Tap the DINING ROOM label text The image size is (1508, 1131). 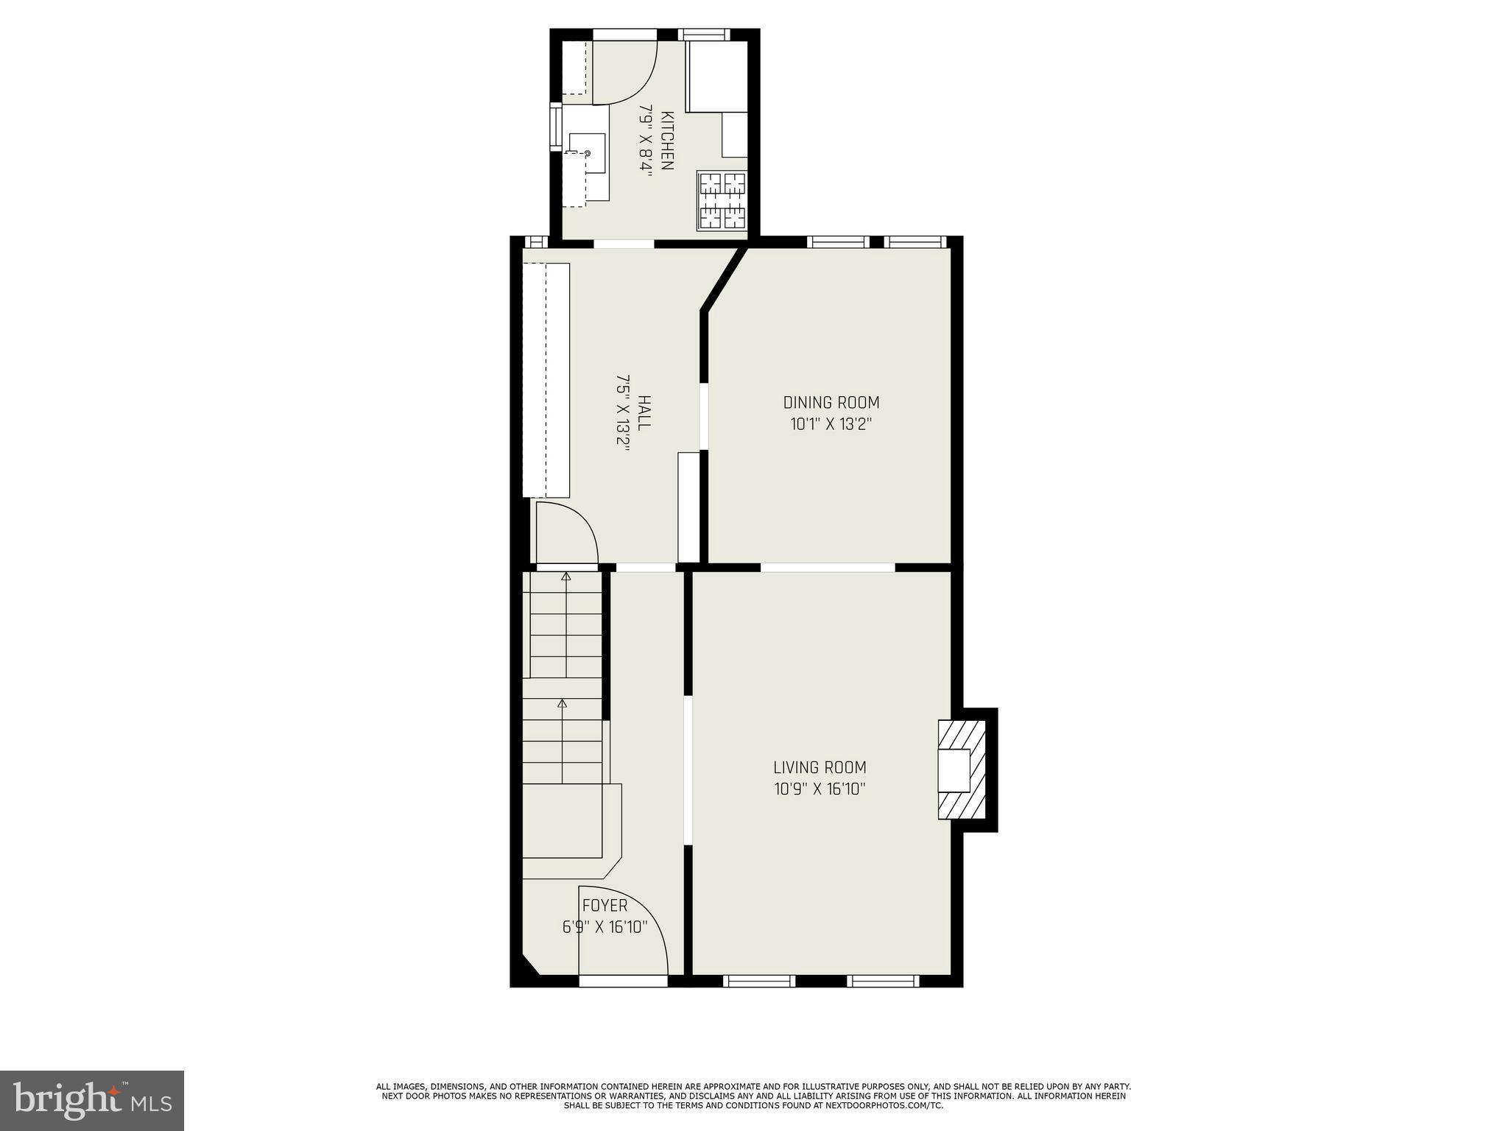coord(831,403)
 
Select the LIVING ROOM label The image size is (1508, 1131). coord(820,767)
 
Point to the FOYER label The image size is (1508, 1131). coord(605,906)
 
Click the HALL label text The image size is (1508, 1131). coord(644,413)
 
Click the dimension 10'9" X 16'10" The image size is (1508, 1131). coord(820,789)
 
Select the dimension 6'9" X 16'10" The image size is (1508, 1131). coord(605,927)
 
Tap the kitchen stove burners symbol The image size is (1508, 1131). coord(722,200)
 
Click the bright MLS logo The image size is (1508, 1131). coord(92,1101)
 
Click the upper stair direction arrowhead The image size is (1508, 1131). coord(565,577)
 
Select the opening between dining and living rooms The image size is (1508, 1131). coord(827,567)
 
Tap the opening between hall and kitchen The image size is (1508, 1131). coord(624,244)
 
